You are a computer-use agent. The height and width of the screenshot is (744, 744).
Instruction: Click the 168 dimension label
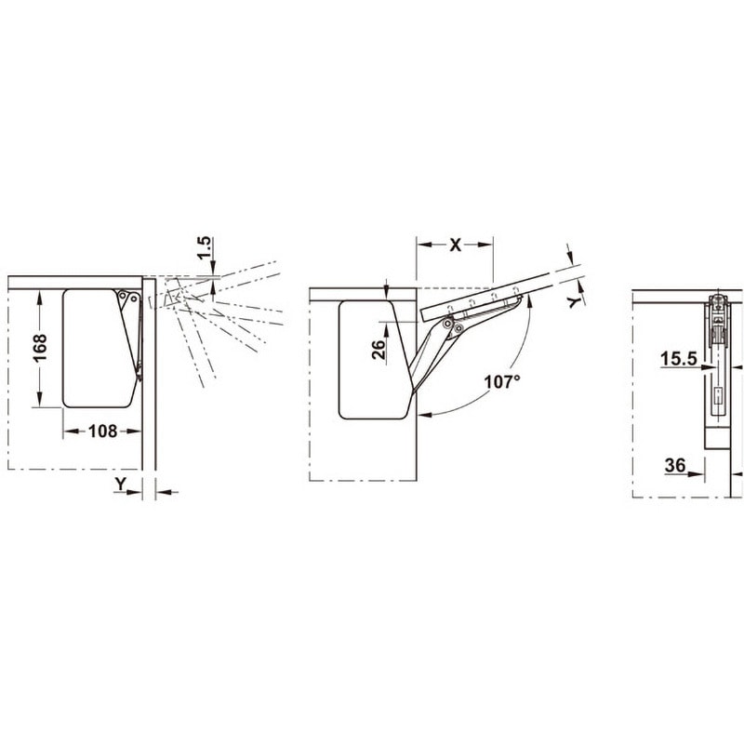coord(40,348)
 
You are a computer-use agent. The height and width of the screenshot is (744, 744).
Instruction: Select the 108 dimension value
coord(102,432)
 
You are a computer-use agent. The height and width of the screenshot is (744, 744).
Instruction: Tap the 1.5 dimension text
coord(204,247)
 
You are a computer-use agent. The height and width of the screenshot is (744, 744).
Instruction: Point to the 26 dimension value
coord(379,350)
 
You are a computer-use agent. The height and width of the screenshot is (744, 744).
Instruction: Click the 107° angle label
coord(502,381)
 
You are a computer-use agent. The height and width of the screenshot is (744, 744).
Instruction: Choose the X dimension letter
coord(455,245)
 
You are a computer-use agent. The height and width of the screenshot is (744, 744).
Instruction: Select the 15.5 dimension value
coord(679,359)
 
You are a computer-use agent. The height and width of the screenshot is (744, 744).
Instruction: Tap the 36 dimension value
coord(675,466)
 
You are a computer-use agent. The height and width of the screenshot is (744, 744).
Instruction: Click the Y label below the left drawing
coord(121,484)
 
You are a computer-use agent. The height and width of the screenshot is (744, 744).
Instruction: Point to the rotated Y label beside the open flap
coord(575,301)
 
